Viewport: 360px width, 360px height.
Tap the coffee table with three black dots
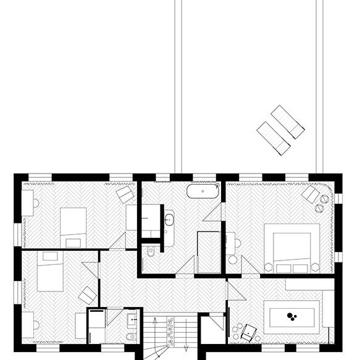point(292,317)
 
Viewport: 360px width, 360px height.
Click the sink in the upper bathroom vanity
point(169,217)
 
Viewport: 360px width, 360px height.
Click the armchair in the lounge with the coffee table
point(249,332)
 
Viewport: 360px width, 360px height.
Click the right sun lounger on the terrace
point(288,121)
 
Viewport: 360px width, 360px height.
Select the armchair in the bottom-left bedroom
point(87,295)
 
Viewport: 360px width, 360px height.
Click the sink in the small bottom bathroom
point(132,320)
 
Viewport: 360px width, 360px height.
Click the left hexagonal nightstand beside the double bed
point(270,266)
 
